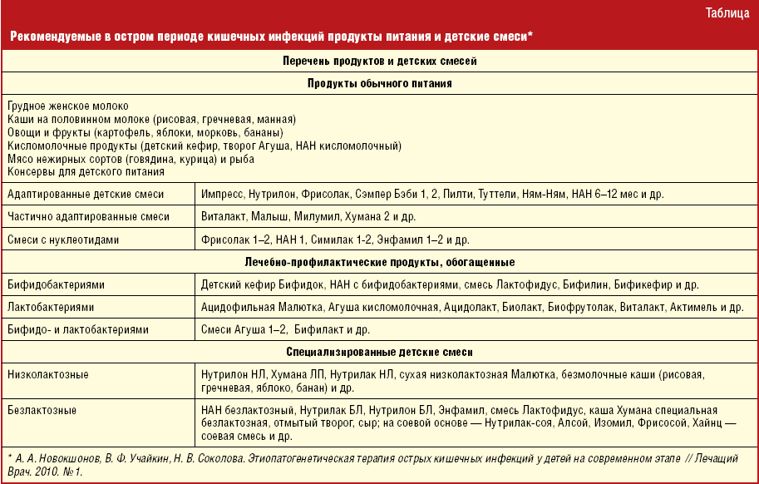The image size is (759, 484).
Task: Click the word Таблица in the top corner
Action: tap(726, 12)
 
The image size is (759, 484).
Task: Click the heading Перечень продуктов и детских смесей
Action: tap(379, 61)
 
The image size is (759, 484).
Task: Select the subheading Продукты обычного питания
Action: tap(379, 84)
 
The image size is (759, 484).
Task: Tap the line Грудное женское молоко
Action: tap(67, 107)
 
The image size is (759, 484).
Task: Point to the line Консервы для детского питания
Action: tap(86, 171)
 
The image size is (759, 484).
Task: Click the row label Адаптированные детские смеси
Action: tap(86, 194)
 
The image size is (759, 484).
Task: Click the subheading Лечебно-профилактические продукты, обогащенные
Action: tap(379, 262)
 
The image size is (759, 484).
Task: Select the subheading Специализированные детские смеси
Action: tap(379, 352)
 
